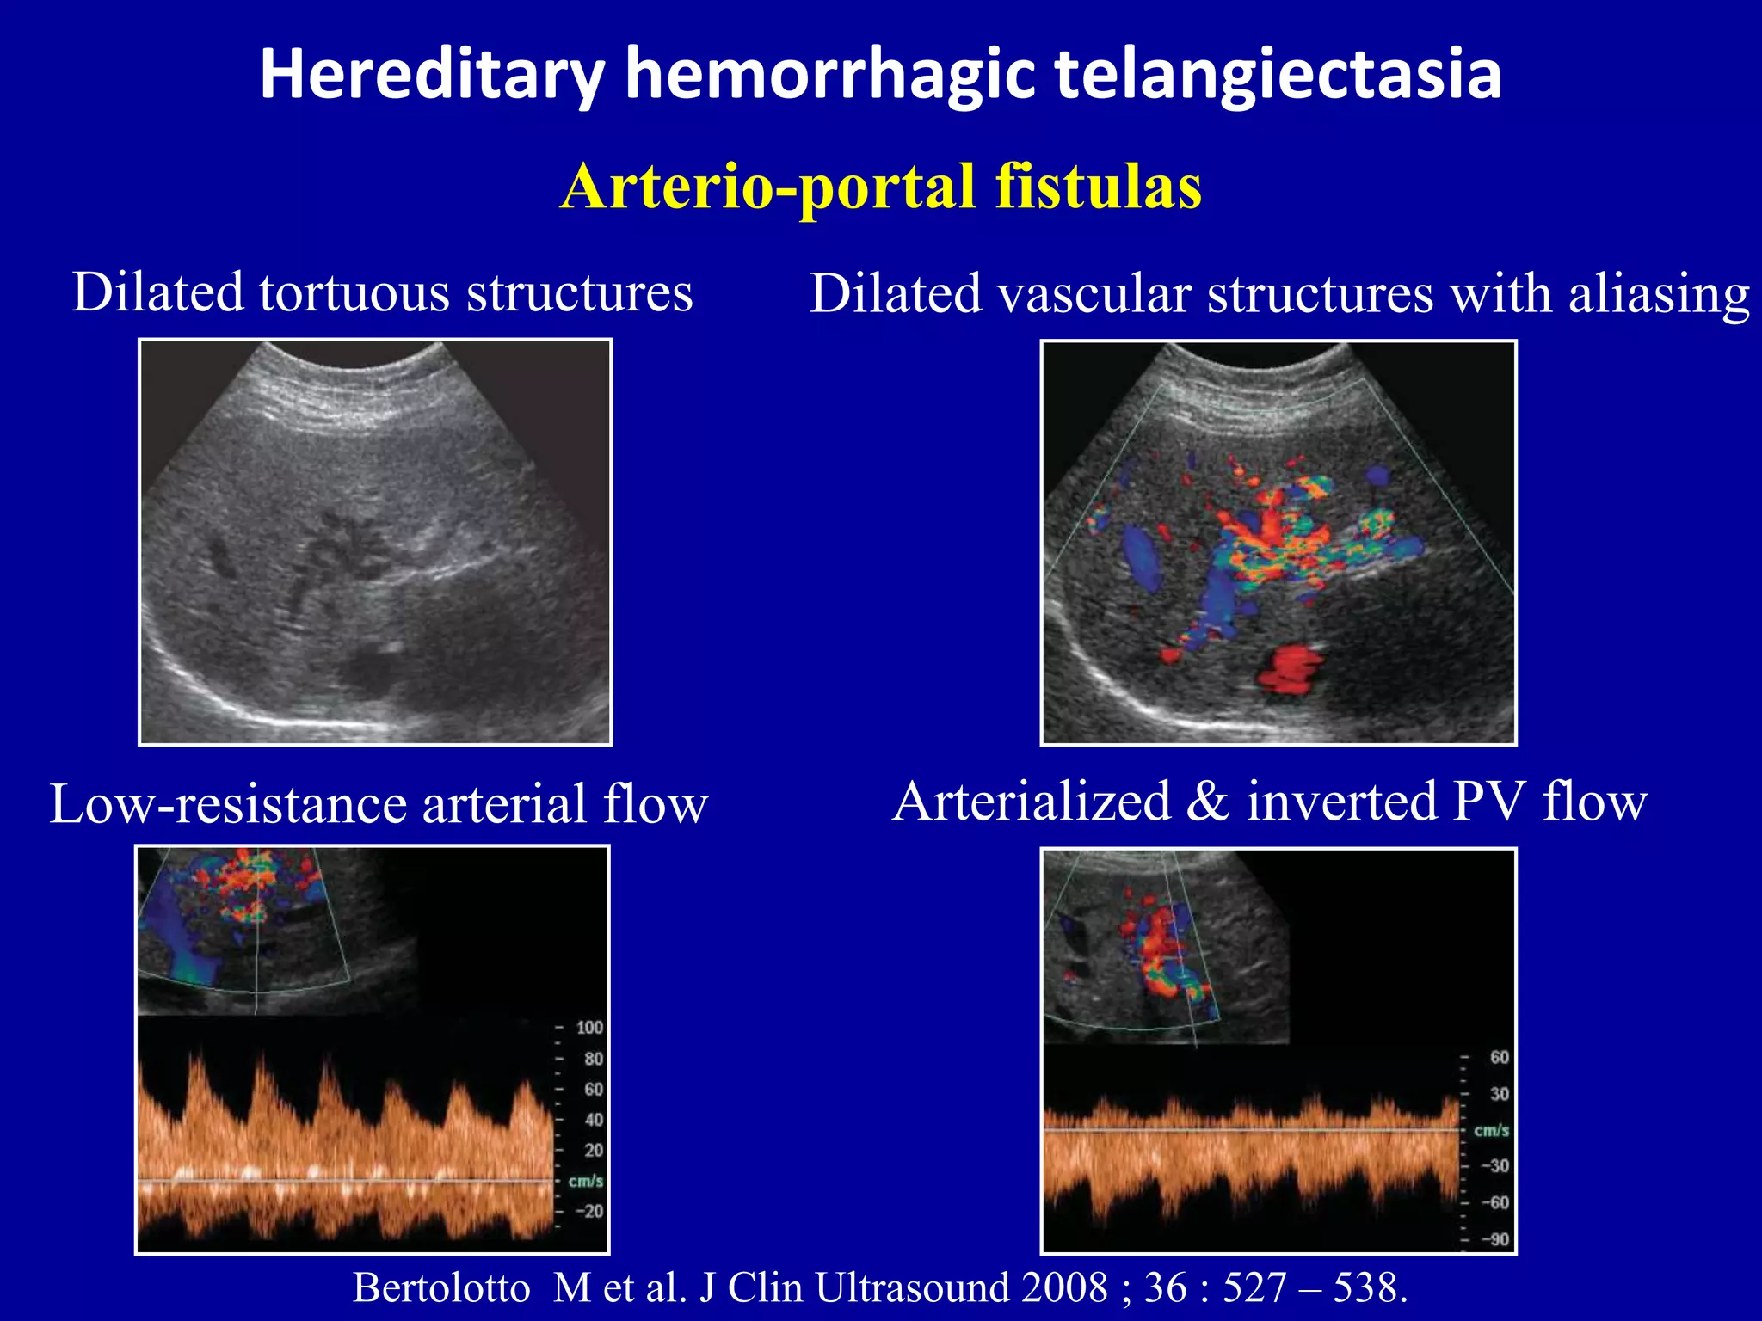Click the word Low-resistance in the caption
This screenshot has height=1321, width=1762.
[228, 805]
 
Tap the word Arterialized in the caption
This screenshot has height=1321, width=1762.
[1032, 802]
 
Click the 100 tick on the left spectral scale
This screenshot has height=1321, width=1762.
[589, 1028]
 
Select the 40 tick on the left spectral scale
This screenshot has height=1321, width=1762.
[593, 1120]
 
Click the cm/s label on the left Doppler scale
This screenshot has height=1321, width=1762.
[586, 1181]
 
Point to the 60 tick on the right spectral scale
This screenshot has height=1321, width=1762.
[1499, 1057]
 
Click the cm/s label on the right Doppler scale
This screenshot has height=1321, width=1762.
[1492, 1130]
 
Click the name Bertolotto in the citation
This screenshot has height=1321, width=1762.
[441, 1288]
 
